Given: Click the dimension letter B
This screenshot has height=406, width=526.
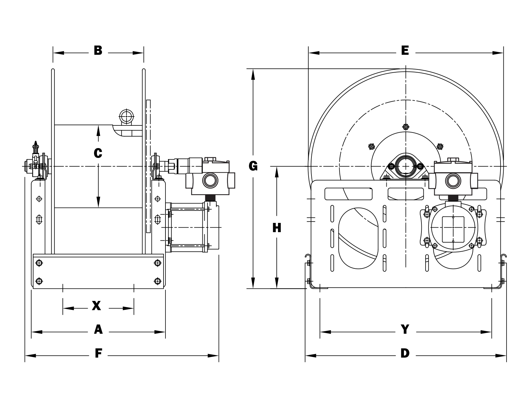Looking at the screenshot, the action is pyautogui.click(x=98, y=51).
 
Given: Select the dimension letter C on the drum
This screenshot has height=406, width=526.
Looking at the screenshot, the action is pyautogui.click(x=98, y=153).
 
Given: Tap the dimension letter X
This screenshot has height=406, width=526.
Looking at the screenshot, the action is pyautogui.click(x=96, y=306).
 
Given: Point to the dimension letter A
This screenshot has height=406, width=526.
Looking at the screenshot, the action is pyautogui.click(x=98, y=330).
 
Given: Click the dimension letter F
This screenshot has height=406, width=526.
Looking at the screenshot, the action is pyautogui.click(x=98, y=353).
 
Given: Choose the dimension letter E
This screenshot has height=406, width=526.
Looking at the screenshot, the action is pyautogui.click(x=405, y=51).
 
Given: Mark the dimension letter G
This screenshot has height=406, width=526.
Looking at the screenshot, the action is pyautogui.click(x=253, y=166).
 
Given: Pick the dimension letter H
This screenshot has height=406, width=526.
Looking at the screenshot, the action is pyautogui.click(x=277, y=228).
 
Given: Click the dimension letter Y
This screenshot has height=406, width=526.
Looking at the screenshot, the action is pyautogui.click(x=405, y=330).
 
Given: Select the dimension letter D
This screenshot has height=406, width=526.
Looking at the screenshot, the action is pyautogui.click(x=405, y=353).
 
